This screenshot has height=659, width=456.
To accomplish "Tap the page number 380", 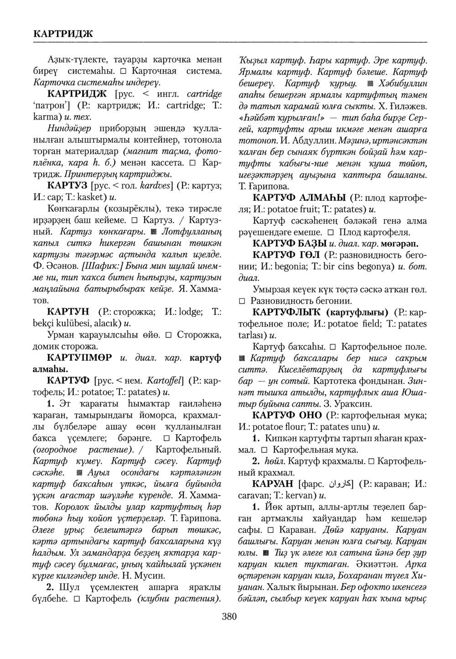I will pyautogui.click(x=229, y=617).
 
